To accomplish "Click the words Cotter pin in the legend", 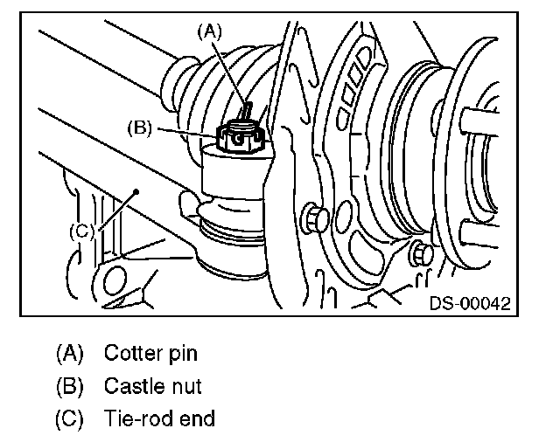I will point(150,354).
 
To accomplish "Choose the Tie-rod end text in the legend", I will point(159,418).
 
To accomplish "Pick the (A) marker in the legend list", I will point(70,354).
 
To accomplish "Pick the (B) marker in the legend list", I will point(70,385).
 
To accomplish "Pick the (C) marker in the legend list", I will point(70,418).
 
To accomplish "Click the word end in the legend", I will point(198,418).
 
